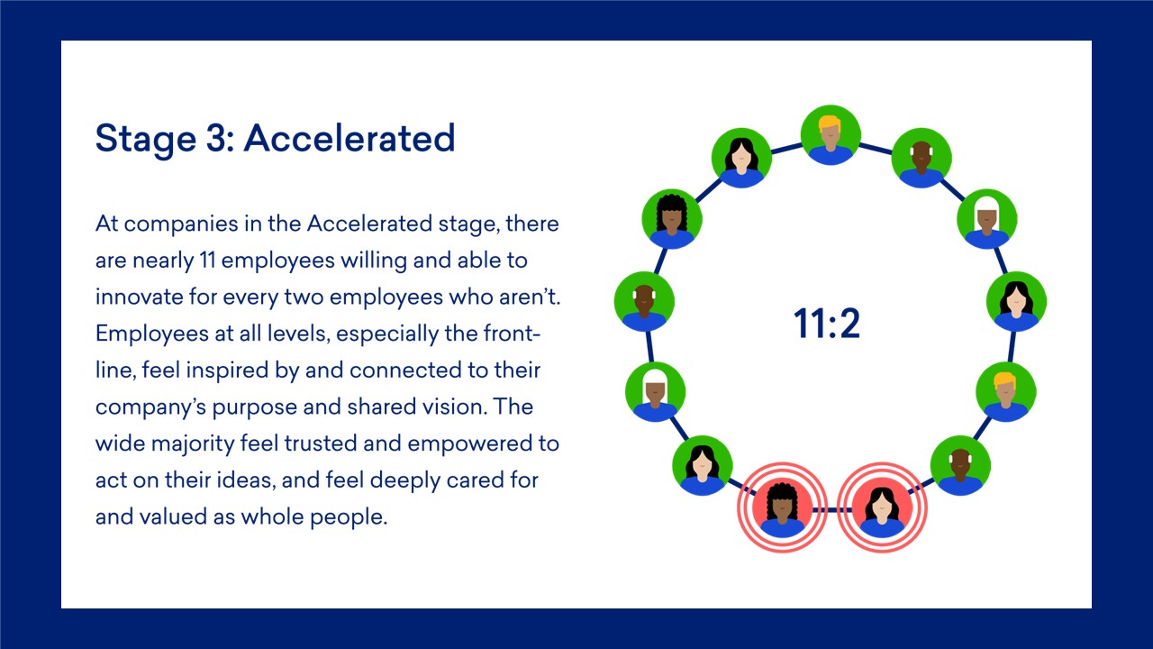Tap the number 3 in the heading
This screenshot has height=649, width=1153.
click(219, 138)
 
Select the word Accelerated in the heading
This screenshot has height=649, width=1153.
click(350, 138)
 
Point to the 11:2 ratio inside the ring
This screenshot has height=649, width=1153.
click(827, 324)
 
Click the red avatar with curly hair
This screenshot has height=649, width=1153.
click(782, 507)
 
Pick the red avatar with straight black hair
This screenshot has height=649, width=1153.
click(882, 507)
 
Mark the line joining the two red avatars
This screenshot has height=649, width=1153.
click(831, 510)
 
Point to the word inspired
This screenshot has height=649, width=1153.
click(227, 370)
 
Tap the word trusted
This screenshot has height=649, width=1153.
click(320, 443)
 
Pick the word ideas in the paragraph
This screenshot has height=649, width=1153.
click(245, 480)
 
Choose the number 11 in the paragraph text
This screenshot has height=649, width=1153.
click(207, 261)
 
